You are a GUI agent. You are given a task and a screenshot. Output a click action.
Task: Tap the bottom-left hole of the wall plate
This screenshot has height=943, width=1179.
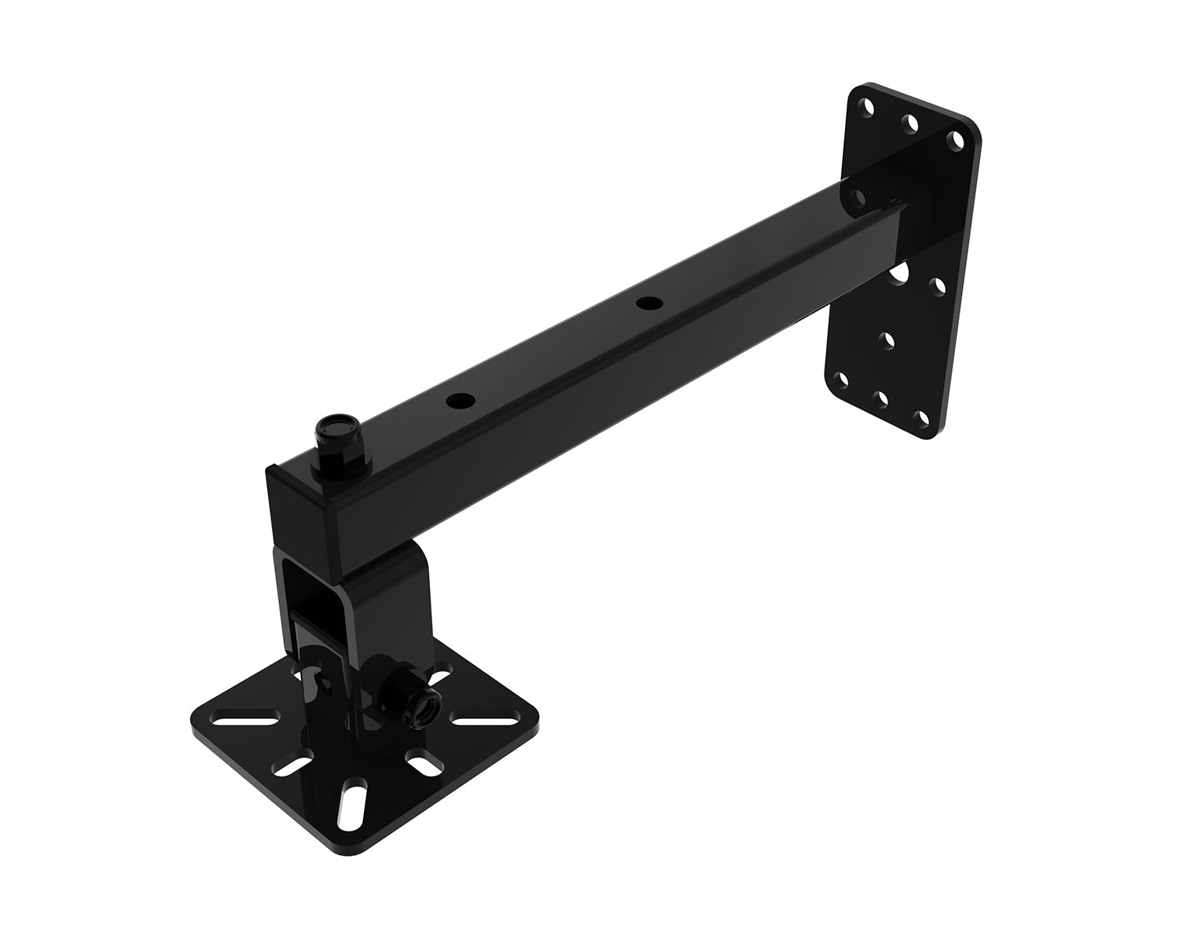pyautogui.click(x=843, y=380)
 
